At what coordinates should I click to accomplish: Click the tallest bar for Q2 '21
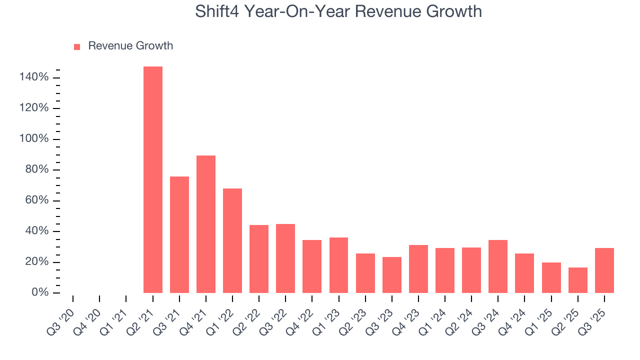tap(152, 179)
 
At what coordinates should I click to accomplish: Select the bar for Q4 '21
tap(206, 224)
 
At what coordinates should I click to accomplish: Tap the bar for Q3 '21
tap(179, 234)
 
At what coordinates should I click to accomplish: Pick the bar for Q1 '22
tap(232, 240)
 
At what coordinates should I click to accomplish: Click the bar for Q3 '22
tap(285, 258)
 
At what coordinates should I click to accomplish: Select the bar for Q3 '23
tap(391, 275)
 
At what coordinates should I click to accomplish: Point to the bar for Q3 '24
tap(498, 266)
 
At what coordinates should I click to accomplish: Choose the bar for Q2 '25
tap(577, 280)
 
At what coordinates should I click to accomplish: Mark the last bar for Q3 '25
tap(604, 270)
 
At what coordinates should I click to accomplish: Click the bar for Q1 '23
tap(338, 265)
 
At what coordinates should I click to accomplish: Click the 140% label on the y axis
tap(34, 77)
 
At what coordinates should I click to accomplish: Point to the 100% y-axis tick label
tap(34, 139)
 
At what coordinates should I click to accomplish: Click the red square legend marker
tap(77, 47)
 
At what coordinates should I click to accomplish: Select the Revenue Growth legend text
tap(130, 46)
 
